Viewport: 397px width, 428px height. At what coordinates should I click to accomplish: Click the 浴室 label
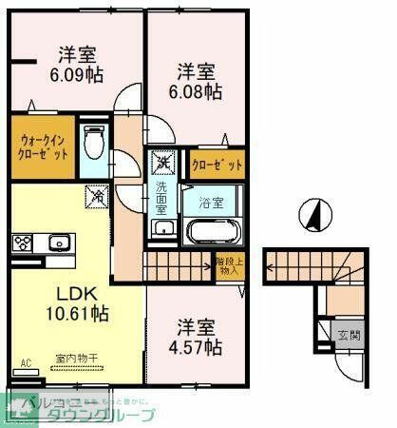coord(212,202)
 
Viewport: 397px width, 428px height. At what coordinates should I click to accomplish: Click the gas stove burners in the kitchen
coord(22,242)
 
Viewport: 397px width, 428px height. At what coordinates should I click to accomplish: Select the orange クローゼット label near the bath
coord(217,165)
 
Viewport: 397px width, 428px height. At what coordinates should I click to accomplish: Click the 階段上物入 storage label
coord(228,266)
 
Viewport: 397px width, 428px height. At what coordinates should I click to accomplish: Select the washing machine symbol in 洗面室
coord(162,163)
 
